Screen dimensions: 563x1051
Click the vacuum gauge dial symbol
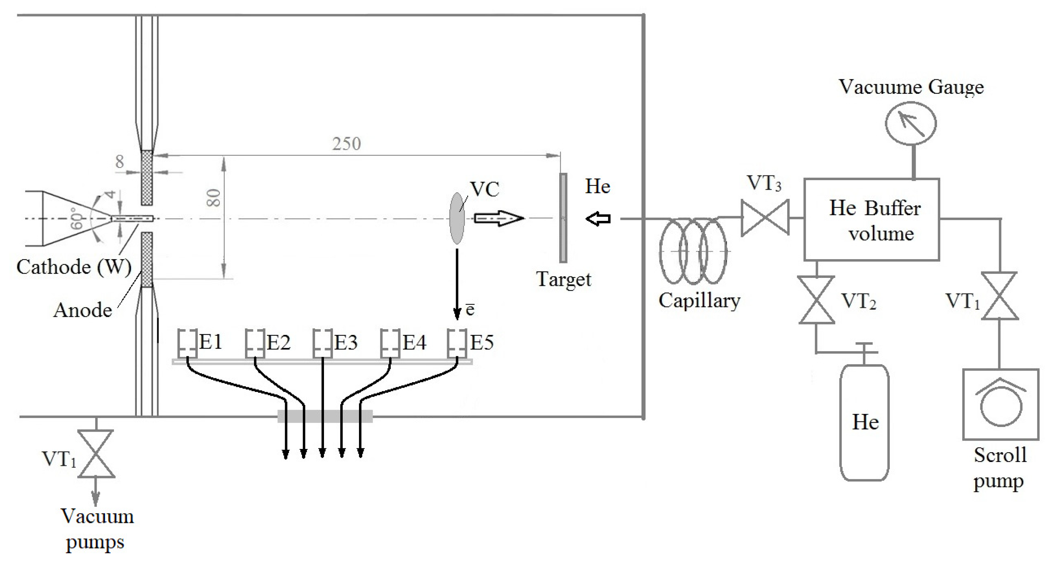(910, 123)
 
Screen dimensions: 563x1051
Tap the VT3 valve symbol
(765, 218)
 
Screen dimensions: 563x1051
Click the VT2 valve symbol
(816, 300)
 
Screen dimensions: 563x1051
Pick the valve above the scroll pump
(1000, 296)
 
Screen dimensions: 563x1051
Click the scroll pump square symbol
(1000, 404)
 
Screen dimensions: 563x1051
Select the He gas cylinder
(864, 422)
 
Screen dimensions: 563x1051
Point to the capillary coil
(693, 251)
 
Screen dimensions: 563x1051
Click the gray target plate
(563, 218)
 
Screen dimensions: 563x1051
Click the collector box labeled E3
(322, 343)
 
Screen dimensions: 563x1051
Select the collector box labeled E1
(188, 343)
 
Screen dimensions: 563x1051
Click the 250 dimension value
(346, 144)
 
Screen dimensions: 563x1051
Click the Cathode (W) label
(74, 267)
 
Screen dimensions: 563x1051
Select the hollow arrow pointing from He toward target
(598, 219)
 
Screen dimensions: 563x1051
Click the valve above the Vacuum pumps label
(96, 453)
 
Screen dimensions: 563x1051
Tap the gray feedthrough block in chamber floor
(325, 416)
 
